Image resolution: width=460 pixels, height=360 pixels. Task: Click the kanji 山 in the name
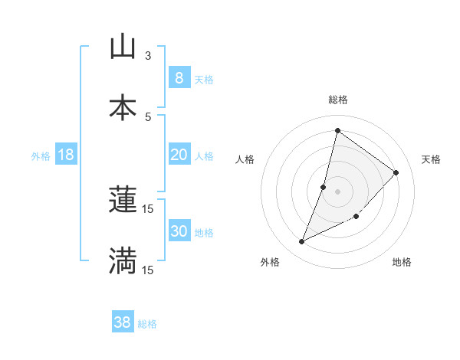click(123, 47)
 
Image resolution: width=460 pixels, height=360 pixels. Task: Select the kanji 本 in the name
click(123, 106)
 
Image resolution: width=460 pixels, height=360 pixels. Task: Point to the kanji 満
click(123, 260)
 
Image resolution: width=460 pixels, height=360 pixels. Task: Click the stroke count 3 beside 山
click(148, 55)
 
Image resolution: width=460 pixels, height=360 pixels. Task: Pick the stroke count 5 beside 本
click(148, 116)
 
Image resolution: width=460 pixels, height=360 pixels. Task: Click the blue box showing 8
click(179, 78)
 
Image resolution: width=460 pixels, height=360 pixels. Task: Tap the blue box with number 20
click(179, 155)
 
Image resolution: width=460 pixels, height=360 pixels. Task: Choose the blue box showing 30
click(179, 231)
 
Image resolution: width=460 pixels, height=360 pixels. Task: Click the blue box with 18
click(66, 155)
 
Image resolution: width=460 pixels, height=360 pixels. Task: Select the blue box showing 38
click(122, 323)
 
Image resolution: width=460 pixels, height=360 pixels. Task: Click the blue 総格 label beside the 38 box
click(147, 324)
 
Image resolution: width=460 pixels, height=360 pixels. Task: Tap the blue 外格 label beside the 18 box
click(41, 155)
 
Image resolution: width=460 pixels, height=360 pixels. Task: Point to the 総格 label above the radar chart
click(338, 100)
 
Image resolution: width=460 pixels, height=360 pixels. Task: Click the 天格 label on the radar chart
click(431, 159)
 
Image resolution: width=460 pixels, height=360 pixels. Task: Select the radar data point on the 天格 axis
click(396, 172)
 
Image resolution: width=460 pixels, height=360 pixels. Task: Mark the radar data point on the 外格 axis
click(302, 242)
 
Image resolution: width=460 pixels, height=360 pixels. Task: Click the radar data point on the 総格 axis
click(337, 131)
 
